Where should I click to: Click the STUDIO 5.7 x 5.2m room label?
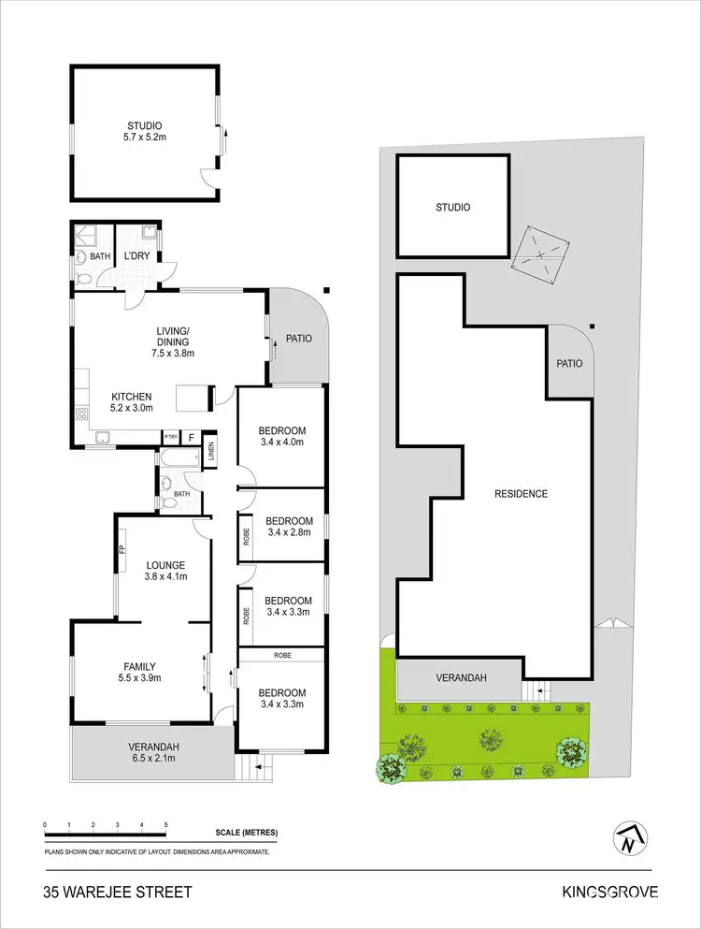145,132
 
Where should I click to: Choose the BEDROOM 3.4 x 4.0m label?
284,437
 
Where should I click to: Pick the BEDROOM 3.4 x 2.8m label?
289,527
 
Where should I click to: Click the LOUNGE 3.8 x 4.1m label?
165,571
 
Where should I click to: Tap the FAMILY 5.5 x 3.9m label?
138,672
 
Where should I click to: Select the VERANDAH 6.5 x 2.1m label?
154,752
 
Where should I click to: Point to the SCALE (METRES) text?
246,833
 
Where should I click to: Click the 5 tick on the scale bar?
165,824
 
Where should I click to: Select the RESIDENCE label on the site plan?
522,494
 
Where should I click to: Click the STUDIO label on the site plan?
453,208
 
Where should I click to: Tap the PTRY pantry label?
171,437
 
